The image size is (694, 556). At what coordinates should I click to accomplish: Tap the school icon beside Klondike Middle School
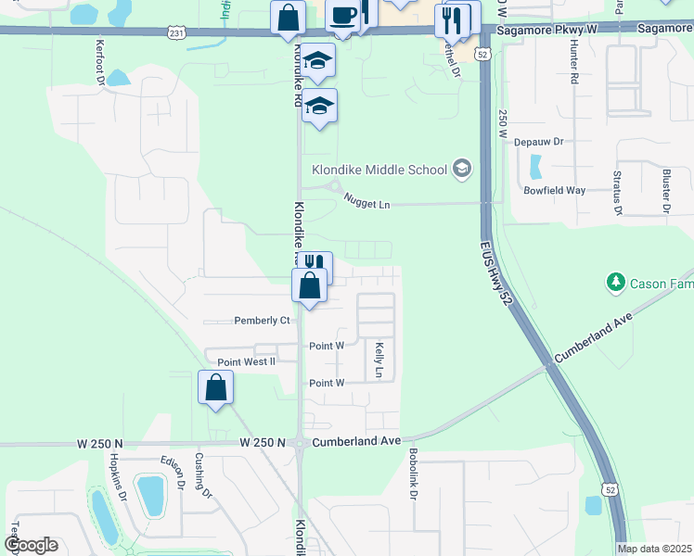click(462, 170)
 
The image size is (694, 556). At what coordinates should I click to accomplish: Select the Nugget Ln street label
click(366, 200)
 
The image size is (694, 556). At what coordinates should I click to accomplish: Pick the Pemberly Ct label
click(263, 321)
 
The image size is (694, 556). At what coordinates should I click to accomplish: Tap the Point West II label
click(246, 361)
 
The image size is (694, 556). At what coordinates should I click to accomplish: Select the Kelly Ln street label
click(379, 360)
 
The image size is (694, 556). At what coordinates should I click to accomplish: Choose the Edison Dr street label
click(175, 475)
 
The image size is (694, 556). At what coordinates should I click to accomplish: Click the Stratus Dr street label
click(618, 192)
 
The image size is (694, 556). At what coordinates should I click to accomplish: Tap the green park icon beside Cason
click(613, 281)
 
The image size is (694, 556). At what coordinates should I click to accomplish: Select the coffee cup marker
click(343, 16)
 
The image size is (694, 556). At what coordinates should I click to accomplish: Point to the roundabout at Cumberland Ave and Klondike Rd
click(300, 444)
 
